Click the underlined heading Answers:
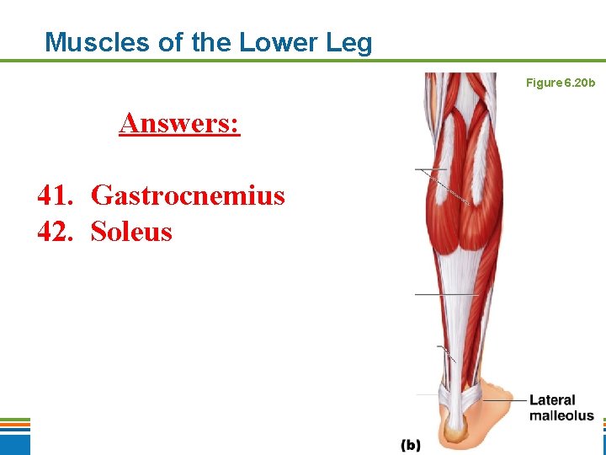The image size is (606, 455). coord(179,123)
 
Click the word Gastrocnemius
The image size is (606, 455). coord(188,196)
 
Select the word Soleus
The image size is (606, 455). coord(131,231)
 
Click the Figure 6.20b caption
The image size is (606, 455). coord(560,83)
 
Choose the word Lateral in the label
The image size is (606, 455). coord(552,400)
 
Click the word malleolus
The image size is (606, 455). coord(561,415)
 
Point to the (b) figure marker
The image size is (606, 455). coord(410,444)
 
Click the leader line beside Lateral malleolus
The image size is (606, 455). coord(505,401)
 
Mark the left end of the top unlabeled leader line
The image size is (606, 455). coord(416,170)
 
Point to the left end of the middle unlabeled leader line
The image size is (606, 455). coord(416,294)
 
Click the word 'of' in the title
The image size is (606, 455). coord(175,42)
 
